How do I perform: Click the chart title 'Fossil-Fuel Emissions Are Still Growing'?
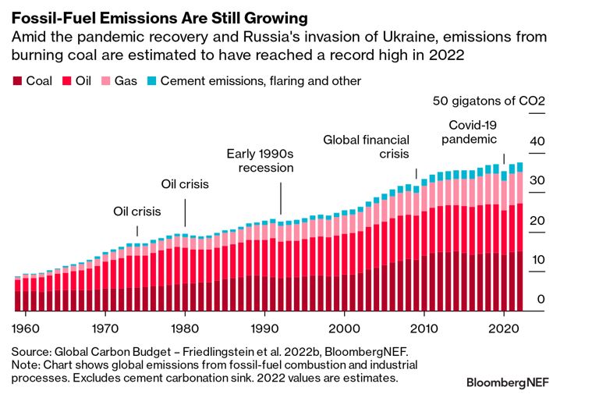pyautogui.click(x=160, y=16)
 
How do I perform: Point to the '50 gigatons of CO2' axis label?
pyautogui.click(x=488, y=102)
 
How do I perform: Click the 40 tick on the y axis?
pyautogui.click(x=535, y=141)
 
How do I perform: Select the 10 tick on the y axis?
pyautogui.click(x=535, y=260)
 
